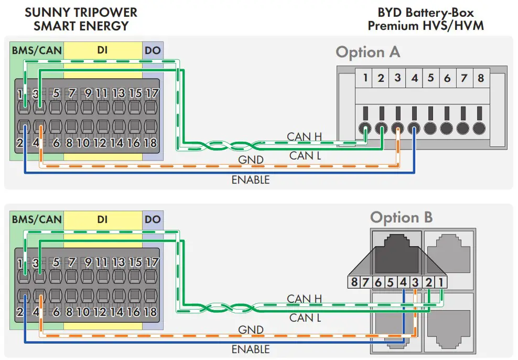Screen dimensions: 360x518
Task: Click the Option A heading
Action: [368, 52]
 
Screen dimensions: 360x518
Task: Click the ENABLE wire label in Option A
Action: [251, 180]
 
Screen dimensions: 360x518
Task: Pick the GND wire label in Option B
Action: [251, 330]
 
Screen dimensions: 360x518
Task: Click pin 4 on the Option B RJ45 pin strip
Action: [402, 282]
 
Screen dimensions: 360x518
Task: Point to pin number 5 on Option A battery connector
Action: [430, 78]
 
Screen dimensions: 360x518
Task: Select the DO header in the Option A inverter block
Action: [153, 50]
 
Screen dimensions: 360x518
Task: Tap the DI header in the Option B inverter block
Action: [102, 219]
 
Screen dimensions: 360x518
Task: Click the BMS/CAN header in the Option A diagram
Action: [37, 50]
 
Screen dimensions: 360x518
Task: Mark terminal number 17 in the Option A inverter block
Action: [151, 94]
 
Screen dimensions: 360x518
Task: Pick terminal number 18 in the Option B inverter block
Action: [150, 312]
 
